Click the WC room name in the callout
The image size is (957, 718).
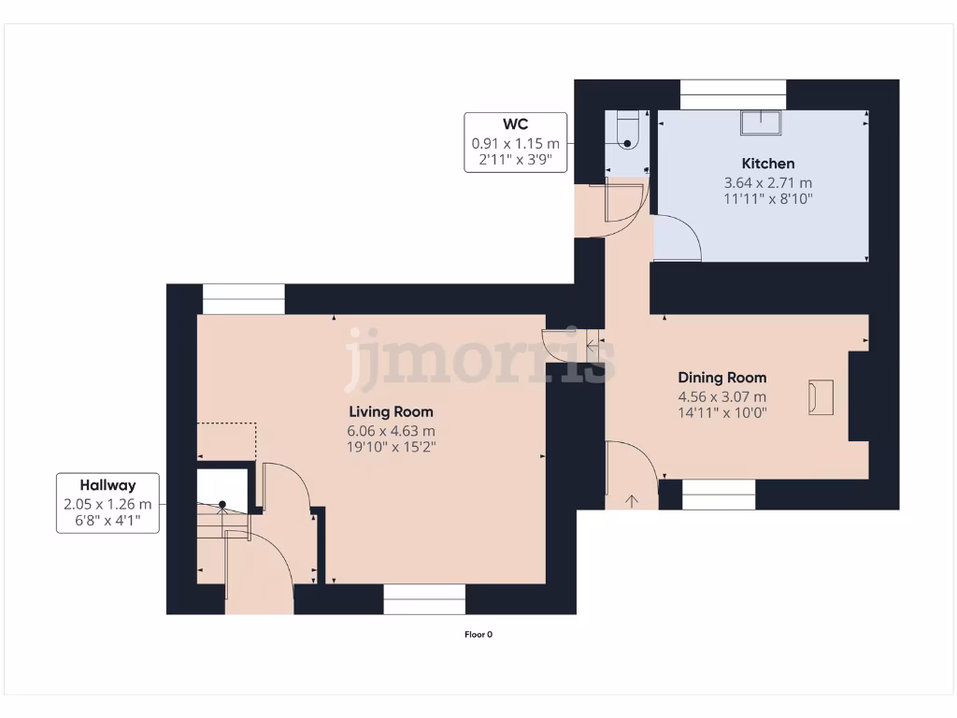[516, 124]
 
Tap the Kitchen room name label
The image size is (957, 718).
[768, 164]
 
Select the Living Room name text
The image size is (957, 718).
[391, 411]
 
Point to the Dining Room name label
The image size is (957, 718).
[721, 378]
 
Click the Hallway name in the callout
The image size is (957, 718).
[107, 485]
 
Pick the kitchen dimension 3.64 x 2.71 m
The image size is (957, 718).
[768, 182]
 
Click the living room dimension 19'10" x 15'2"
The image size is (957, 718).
[391, 448]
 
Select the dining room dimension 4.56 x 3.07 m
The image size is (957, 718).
[721, 396]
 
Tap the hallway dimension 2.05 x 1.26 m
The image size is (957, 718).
[107, 504]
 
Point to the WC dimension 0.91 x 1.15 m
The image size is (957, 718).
[516, 143]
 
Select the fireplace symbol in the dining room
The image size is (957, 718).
[820, 396]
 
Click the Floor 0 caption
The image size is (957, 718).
[478, 635]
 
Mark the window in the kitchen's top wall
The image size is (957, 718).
[733, 94]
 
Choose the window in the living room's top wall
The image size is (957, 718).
[243, 299]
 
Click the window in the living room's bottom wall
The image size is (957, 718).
[424, 599]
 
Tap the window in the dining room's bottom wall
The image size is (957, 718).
[719, 495]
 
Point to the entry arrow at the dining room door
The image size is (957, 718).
[632, 501]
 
